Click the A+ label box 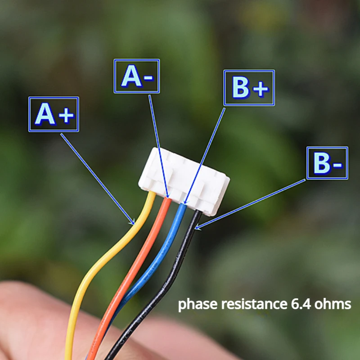(x=54, y=114)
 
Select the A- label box (x=137, y=76)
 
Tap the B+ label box (x=249, y=88)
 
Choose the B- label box (x=327, y=162)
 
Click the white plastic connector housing (x=184, y=178)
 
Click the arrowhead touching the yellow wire (x=133, y=222)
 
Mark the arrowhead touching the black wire (x=197, y=227)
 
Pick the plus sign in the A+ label (x=66, y=116)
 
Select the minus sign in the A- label (x=149, y=78)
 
